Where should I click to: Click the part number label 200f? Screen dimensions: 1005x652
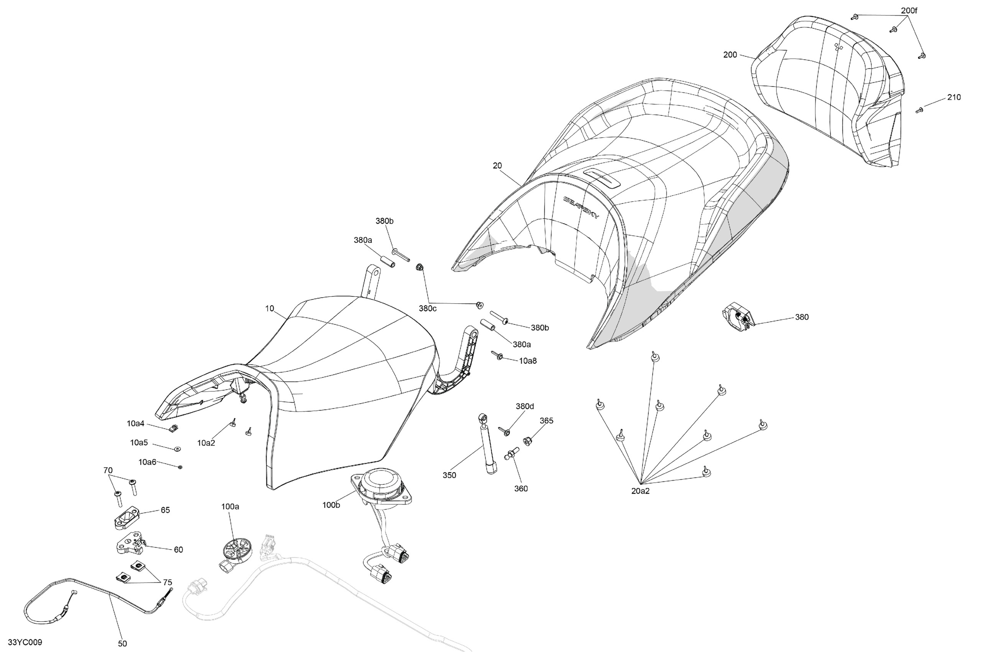[909, 11]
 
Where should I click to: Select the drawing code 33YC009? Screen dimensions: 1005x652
[25, 642]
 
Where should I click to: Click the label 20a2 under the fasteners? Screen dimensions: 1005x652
[640, 491]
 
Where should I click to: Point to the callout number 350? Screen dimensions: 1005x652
[449, 475]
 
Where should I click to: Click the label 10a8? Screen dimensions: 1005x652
[528, 361]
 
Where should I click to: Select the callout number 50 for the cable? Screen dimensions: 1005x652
[122, 644]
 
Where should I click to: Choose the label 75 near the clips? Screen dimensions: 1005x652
[167, 583]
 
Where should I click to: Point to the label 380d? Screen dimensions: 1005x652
[525, 407]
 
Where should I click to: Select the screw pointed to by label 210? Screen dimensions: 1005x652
[919, 110]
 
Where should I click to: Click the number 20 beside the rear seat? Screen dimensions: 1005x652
[498, 166]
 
